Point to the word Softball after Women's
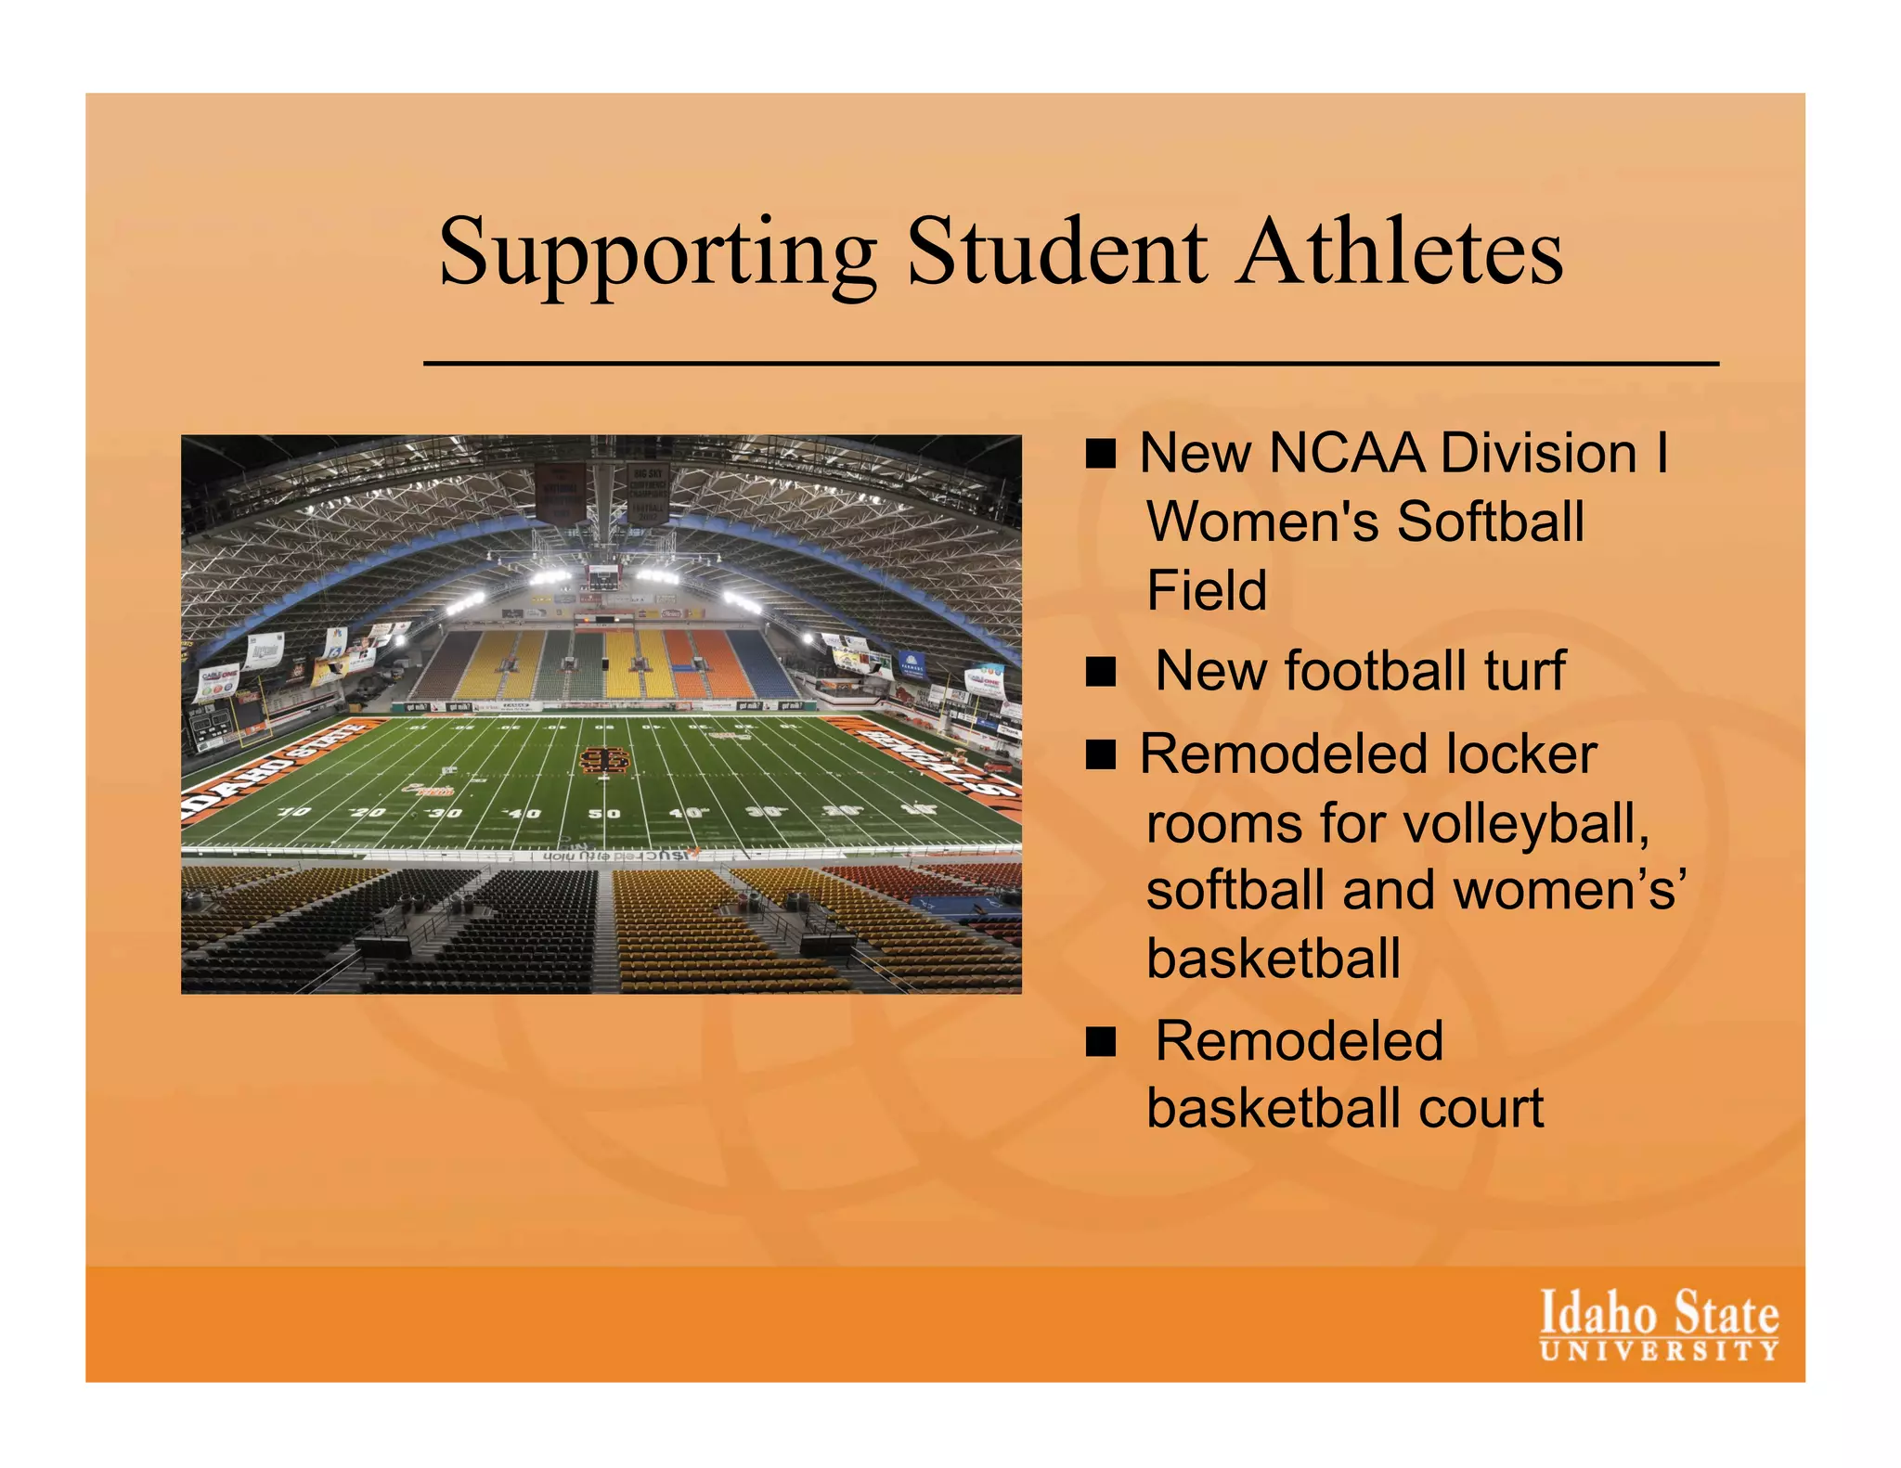point(1490,522)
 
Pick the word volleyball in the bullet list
point(1532,823)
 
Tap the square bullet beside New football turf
point(1101,671)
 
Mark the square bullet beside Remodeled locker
point(1101,754)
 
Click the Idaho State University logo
point(1659,1324)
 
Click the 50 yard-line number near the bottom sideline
point(604,814)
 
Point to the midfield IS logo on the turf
point(604,761)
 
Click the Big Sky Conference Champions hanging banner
point(647,492)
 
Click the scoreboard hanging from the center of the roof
point(602,577)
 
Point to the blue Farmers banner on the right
point(911,664)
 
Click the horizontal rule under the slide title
point(1070,364)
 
